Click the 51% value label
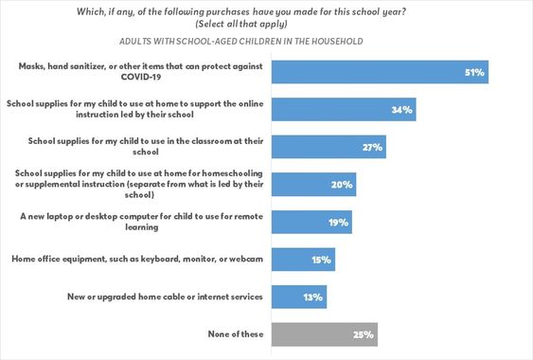[x=473, y=72]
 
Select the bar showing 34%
[x=344, y=109]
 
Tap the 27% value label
[x=329, y=147]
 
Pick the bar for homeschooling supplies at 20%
[x=313, y=184]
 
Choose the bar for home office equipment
[x=303, y=259]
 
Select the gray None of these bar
[x=325, y=333]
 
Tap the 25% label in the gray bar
[x=364, y=333]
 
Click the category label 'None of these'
[x=236, y=333]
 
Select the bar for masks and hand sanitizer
[x=380, y=72]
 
